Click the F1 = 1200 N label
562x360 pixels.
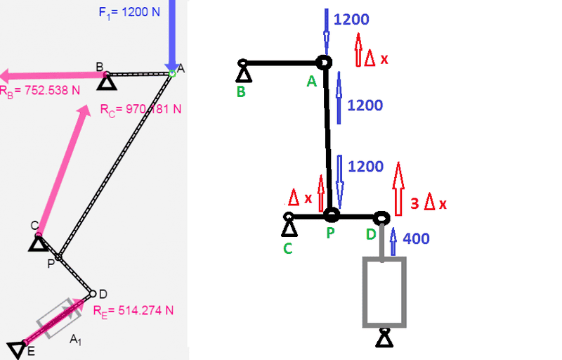[x=129, y=13]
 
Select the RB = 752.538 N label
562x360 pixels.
[x=39, y=91]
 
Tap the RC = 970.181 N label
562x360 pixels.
[x=141, y=110]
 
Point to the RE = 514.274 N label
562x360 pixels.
[x=133, y=311]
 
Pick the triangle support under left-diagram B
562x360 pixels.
[x=107, y=83]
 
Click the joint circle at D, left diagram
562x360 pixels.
[x=93, y=294]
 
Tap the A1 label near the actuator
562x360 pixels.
[x=75, y=339]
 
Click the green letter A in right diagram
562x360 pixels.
[x=312, y=82]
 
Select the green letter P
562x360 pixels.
[x=330, y=233]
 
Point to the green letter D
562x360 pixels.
[x=371, y=234]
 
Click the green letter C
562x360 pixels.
[x=288, y=248]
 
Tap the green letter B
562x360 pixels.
[x=241, y=92]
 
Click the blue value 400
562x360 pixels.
[x=416, y=239]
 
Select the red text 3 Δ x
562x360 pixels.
[x=429, y=203]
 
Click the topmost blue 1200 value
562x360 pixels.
[x=351, y=20]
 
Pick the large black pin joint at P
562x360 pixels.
[x=332, y=215]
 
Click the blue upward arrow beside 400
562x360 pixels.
[x=393, y=241]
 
